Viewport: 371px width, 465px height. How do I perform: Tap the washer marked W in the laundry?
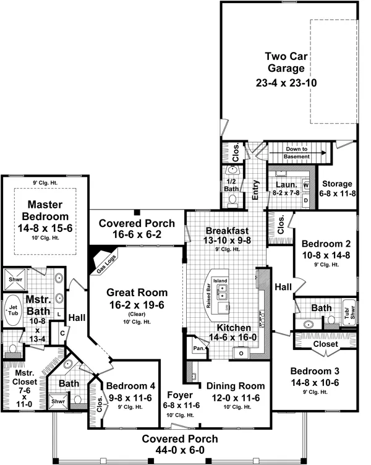(x=306, y=186)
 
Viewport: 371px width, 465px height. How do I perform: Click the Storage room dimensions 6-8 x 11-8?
(x=336, y=194)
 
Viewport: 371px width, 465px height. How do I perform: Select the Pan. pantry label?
(x=199, y=349)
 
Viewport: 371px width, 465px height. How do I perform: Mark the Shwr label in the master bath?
(x=14, y=279)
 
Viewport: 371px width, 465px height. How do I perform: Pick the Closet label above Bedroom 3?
(x=326, y=344)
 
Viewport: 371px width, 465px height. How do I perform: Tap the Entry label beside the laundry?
(x=255, y=187)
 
